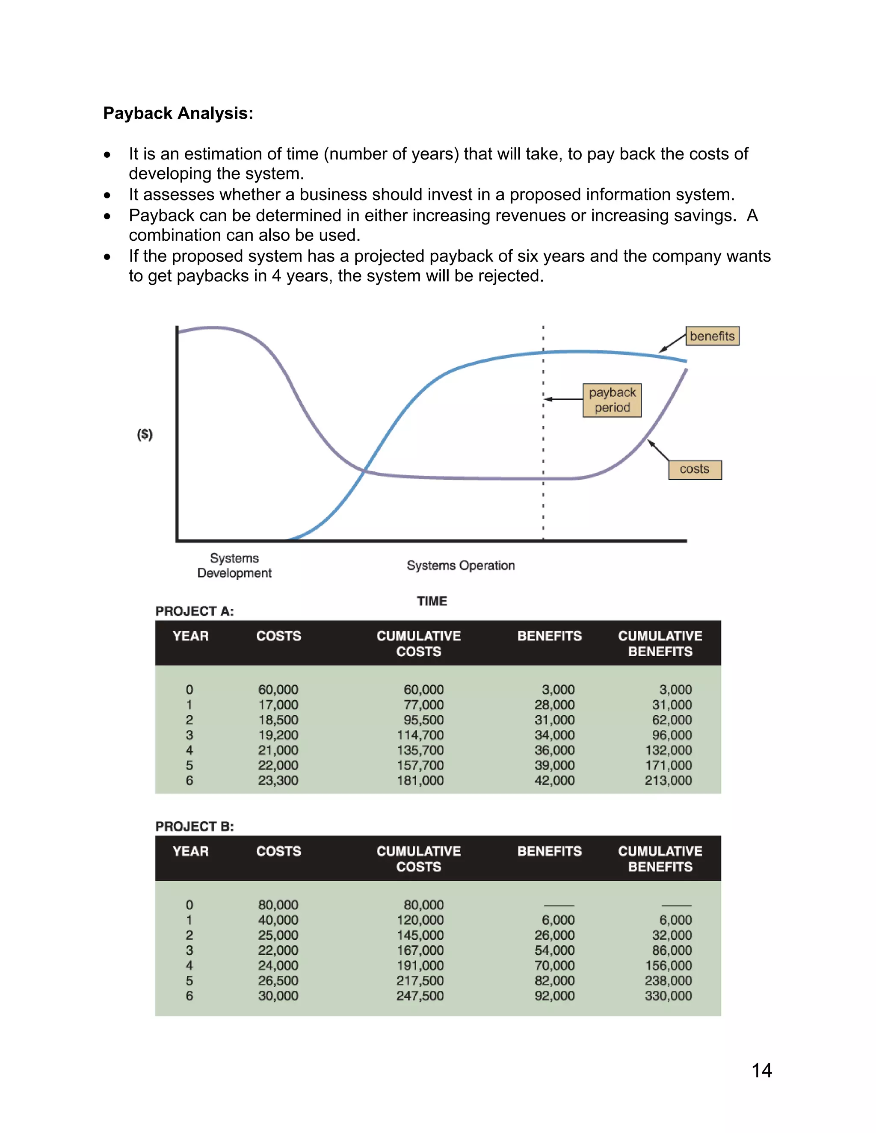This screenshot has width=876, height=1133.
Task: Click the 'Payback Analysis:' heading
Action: coord(178,113)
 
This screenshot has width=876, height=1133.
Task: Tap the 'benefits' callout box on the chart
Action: coord(712,336)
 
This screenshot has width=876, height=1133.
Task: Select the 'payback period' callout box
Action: coord(612,400)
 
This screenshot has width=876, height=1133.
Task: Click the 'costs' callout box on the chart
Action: coord(694,469)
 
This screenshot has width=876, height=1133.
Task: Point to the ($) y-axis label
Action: coord(145,434)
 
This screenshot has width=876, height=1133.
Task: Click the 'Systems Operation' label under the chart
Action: coord(460,566)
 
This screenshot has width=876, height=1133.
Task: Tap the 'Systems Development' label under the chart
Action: coord(234,566)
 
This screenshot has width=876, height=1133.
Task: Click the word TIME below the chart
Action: coord(432,601)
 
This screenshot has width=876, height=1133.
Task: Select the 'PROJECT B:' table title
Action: coord(195,827)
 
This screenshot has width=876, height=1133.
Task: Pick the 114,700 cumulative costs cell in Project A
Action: coord(420,735)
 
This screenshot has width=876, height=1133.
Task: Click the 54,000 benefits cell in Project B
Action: coord(554,950)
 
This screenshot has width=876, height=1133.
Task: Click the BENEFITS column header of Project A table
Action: coord(549,636)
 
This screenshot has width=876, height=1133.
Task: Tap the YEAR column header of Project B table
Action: coord(190,851)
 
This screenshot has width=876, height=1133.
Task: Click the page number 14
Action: coord(761,1071)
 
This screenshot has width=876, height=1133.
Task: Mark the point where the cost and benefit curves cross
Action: coord(365,471)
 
